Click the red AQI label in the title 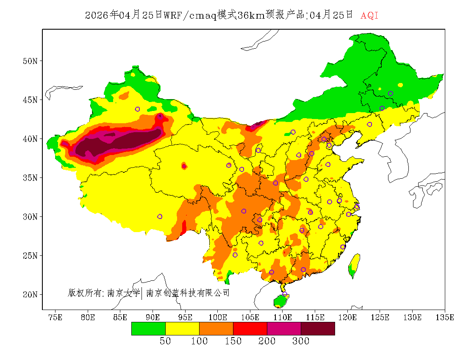369,16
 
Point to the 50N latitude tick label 30,61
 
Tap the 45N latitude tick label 30,100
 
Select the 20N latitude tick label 30,294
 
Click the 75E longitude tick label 55,317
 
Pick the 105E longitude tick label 250,317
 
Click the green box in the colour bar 148,328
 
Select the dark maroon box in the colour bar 318,328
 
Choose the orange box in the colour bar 216,328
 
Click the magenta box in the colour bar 284,328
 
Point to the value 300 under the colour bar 301,341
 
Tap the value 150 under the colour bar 233,341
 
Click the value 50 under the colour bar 165,341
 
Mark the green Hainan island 280,301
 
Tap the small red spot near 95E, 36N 184,166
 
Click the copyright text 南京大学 123,293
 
